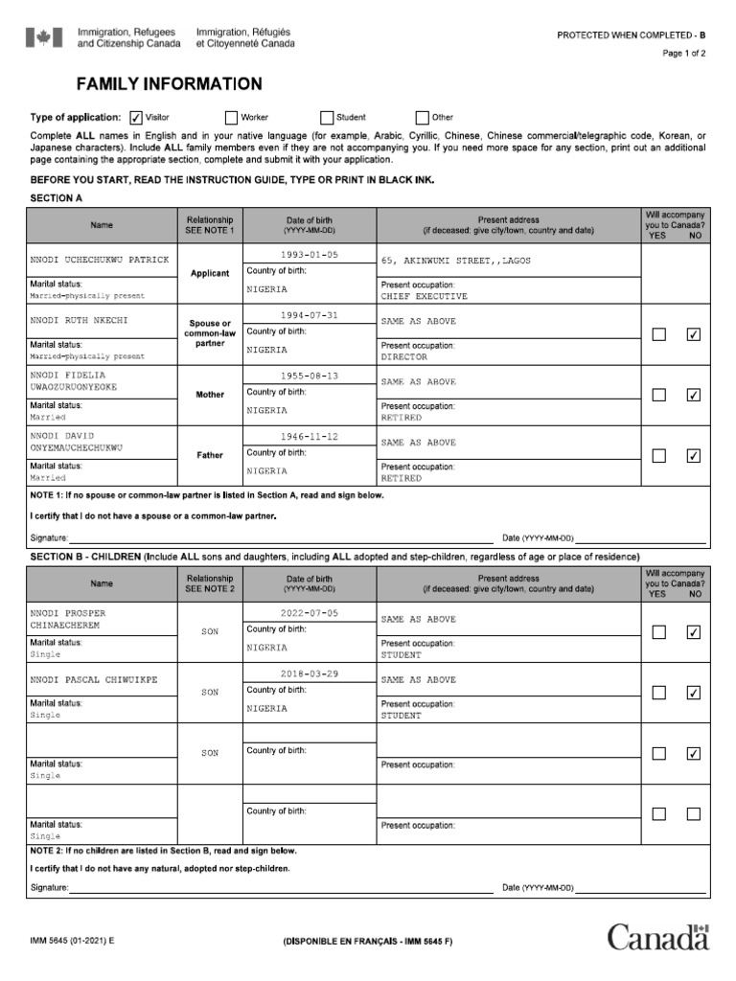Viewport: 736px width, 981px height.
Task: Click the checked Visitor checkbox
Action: click(136, 118)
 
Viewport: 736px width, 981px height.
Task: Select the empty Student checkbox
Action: click(327, 118)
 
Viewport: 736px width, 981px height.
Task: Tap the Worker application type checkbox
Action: click(231, 118)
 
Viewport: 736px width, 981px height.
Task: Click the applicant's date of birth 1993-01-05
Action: click(310, 255)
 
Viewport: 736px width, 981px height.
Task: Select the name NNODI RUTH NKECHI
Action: click(79, 320)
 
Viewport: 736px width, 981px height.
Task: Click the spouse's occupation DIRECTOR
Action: click(403, 356)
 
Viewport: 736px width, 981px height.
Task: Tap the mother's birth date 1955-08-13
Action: click(310, 376)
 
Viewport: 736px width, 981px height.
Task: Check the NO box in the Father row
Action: click(694, 456)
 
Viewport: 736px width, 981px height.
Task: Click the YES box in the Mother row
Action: click(658, 395)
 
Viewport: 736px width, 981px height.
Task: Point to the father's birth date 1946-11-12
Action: click(310, 437)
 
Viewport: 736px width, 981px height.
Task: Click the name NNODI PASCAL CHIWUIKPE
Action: click(93, 679)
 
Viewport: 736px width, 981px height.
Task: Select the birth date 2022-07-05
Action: click(310, 613)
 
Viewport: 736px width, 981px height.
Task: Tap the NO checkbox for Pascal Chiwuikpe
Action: click(694, 693)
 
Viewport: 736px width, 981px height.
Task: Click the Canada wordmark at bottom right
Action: click(657, 937)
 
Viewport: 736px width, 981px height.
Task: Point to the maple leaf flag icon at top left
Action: click(41, 37)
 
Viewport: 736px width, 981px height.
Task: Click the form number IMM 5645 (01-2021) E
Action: click(72, 942)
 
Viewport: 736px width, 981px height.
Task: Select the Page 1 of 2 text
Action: click(683, 54)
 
